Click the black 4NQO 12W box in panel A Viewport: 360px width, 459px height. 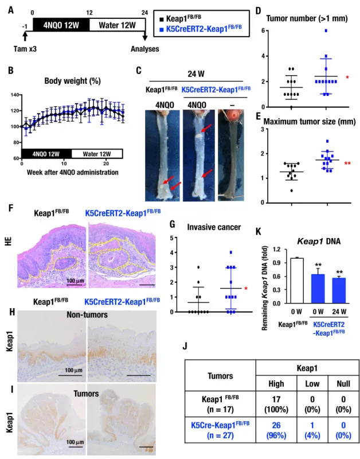[x=61, y=25]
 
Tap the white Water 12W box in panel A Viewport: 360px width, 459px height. [x=118, y=25]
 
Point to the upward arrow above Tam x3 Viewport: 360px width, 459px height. [x=25, y=36]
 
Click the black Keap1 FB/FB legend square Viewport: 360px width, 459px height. [x=162, y=20]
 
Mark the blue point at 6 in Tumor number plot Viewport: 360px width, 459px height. [x=326, y=30]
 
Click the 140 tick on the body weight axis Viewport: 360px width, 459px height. [x=15, y=95]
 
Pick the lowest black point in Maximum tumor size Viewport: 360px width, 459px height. [x=291, y=190]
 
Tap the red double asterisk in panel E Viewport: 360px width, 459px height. [x=347, y=164]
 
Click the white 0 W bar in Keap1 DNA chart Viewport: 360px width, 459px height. [x=296, y=281]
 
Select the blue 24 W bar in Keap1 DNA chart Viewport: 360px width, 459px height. [x=339, y=290]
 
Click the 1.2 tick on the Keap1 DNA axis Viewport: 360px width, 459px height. [x=277, y=249]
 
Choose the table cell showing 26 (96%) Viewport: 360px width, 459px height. [x=276, y=430]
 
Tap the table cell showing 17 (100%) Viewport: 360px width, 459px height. [x=276, y=404]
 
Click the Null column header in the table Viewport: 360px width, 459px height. [x=343, y=383]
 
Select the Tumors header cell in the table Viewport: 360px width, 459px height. [x=220, y=376]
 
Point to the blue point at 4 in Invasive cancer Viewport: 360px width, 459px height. [x=231, y=252]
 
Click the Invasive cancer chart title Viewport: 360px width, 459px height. [x=214, y=227]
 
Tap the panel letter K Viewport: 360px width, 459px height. [x=258, y=231]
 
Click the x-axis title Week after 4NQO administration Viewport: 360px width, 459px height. [x=73, y=172]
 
